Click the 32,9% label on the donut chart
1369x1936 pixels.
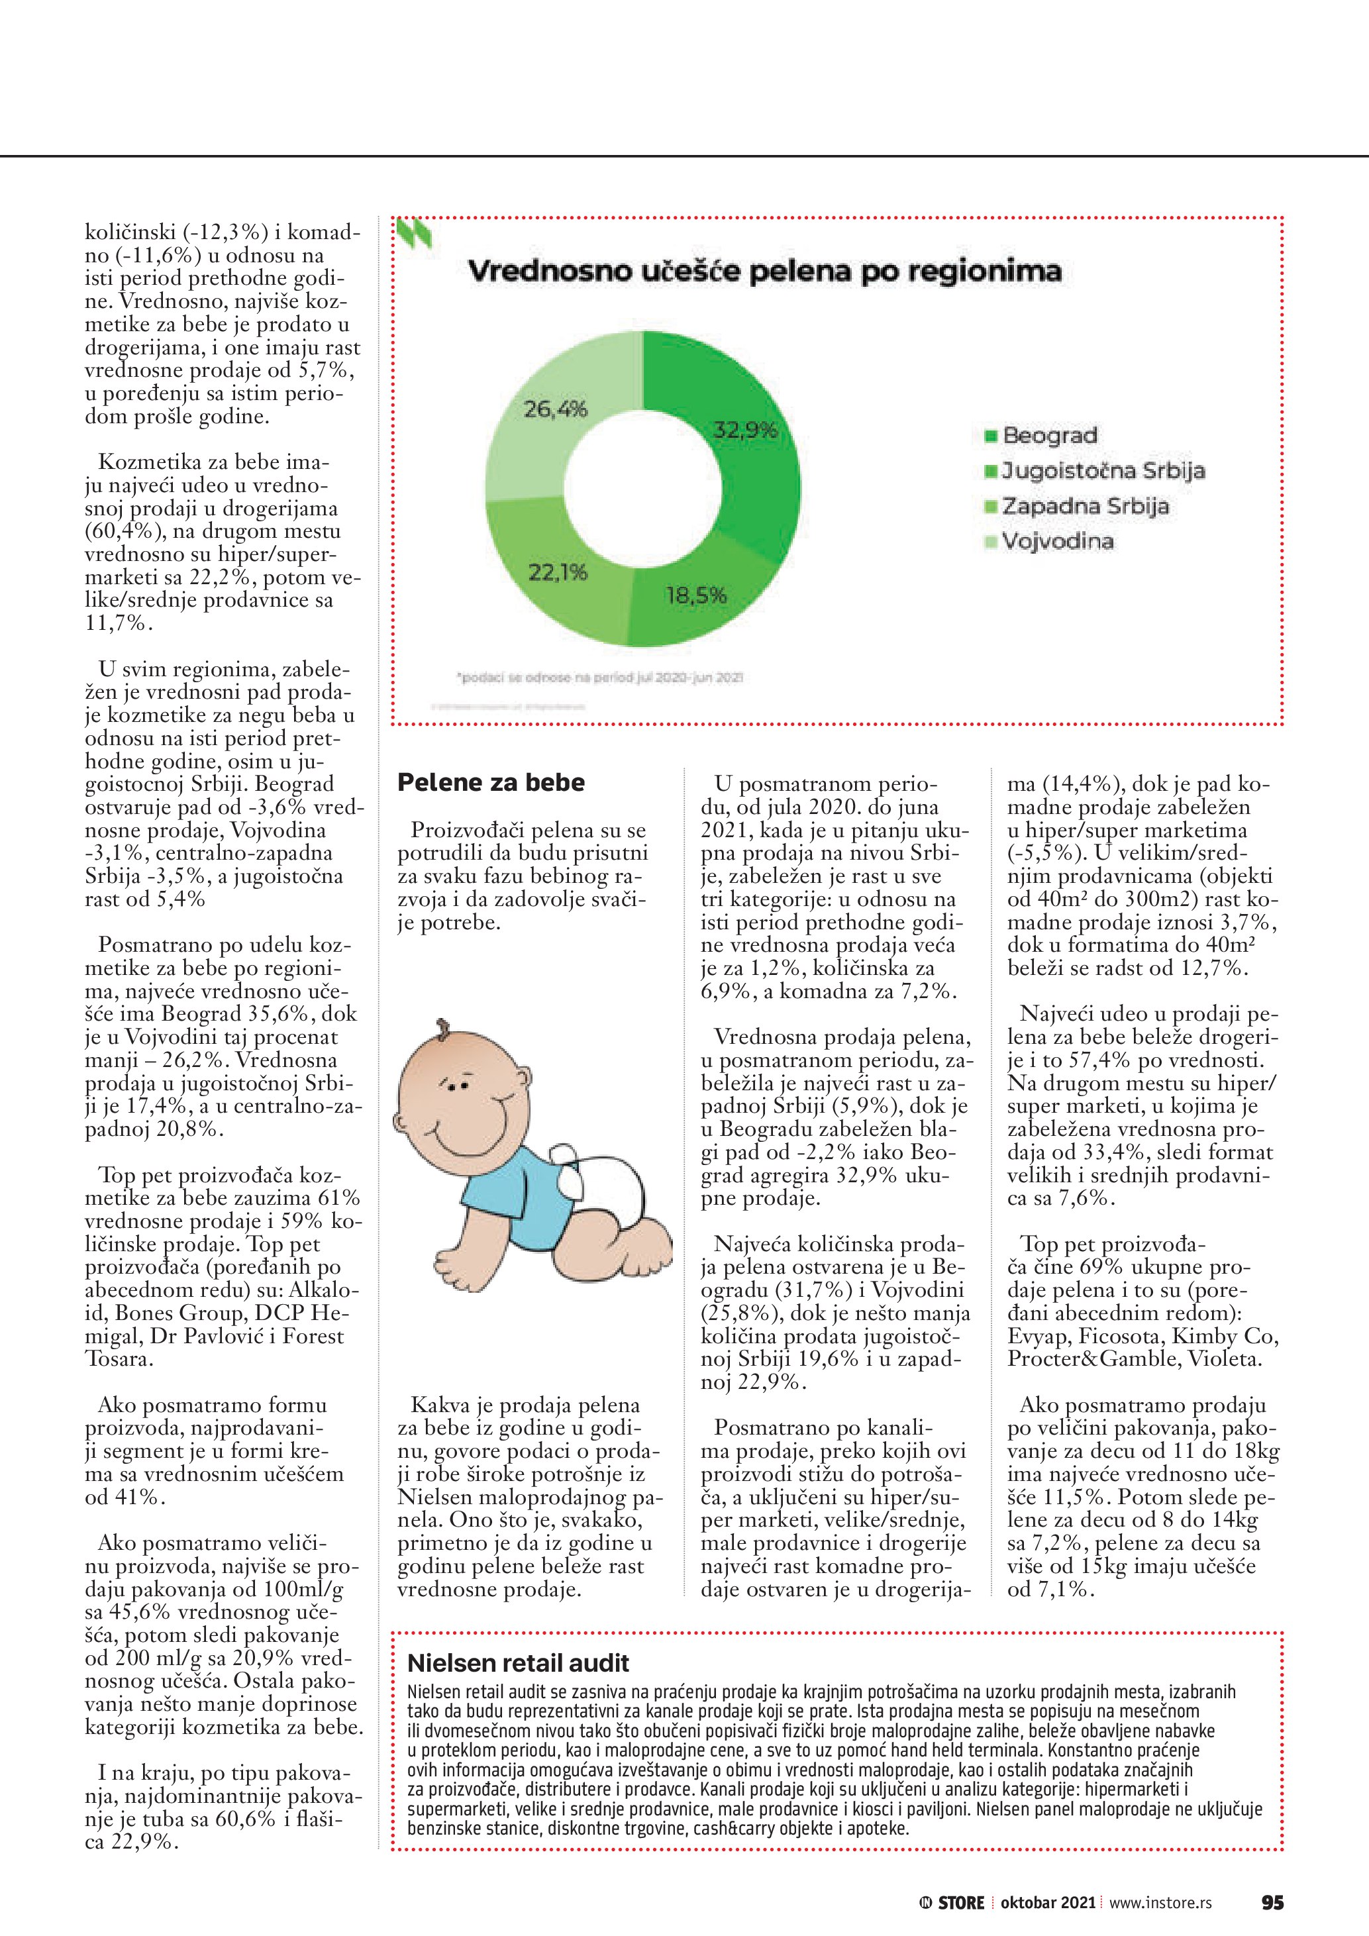pos(744,431)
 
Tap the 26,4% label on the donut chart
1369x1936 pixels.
pos(554,410)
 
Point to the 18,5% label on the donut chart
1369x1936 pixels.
pos(695,595)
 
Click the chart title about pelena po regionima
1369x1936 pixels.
pos(764,272)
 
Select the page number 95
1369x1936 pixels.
pos(1272,1902)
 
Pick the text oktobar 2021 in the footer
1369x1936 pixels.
pos(1047,1903)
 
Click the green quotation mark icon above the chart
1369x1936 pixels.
pos(415,234)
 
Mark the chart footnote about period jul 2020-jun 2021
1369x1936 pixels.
pos(599,677)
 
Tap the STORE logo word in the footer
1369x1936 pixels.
pos(961,1903)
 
